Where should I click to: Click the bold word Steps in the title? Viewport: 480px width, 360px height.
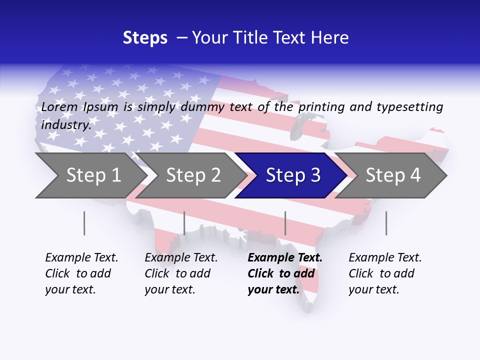145,38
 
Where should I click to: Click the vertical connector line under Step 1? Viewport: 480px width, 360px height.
84,223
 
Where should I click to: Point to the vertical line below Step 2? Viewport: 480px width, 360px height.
184,223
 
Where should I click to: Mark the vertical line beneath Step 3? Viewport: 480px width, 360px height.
285,223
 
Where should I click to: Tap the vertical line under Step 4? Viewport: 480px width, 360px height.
386,223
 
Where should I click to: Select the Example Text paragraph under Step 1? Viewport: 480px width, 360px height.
81,273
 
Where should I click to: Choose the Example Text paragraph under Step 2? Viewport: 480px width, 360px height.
181,273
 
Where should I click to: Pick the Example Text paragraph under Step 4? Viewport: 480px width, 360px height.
385,273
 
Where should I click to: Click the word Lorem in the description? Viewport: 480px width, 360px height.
59,107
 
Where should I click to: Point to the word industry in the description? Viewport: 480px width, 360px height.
66,124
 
